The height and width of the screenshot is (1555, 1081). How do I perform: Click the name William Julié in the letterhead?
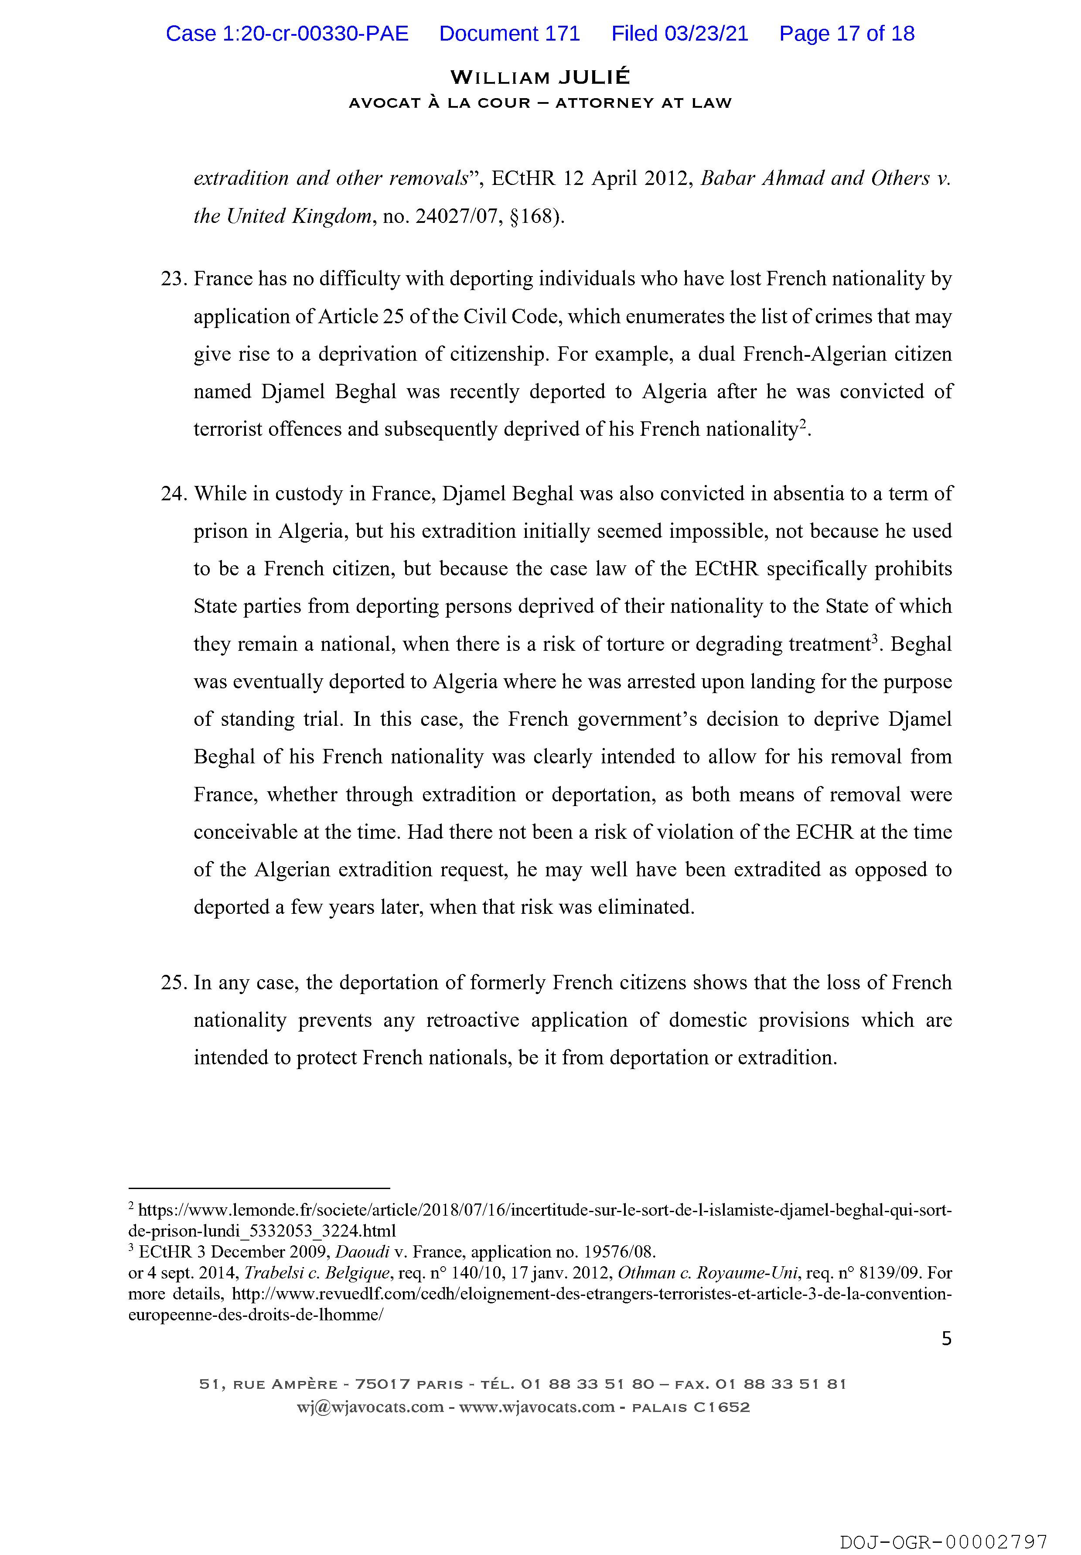(540, 77)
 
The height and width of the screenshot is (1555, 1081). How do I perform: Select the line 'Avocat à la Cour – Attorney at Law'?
(540, 103)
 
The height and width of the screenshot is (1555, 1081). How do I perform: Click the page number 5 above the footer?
(946, 1338)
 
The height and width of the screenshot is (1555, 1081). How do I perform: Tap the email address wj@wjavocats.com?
(370, 1407)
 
